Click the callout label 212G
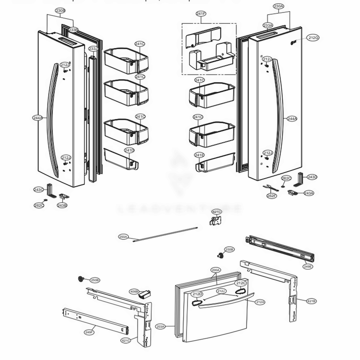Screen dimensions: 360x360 coord(313,38)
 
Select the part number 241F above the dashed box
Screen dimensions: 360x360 coord(201,14)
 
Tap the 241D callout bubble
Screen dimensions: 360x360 coord(129,150)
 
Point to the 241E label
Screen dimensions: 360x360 coord(199,155)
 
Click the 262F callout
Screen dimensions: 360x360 coord(271,196)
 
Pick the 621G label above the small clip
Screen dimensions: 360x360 coord(216,212)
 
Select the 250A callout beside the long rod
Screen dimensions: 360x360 coord(123,237)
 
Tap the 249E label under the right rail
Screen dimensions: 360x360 coord(308,266)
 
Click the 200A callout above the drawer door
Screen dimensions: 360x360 coord(216,270)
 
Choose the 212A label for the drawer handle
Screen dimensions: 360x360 coord(260,302)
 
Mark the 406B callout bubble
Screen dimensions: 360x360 coord(134,291)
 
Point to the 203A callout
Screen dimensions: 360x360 coord(161,327)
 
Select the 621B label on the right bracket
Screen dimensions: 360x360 coord(312,301)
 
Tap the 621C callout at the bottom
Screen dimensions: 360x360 coord(126,340)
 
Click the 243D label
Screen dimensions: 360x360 coord(312,177)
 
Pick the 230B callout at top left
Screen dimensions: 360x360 coord(60,11)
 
